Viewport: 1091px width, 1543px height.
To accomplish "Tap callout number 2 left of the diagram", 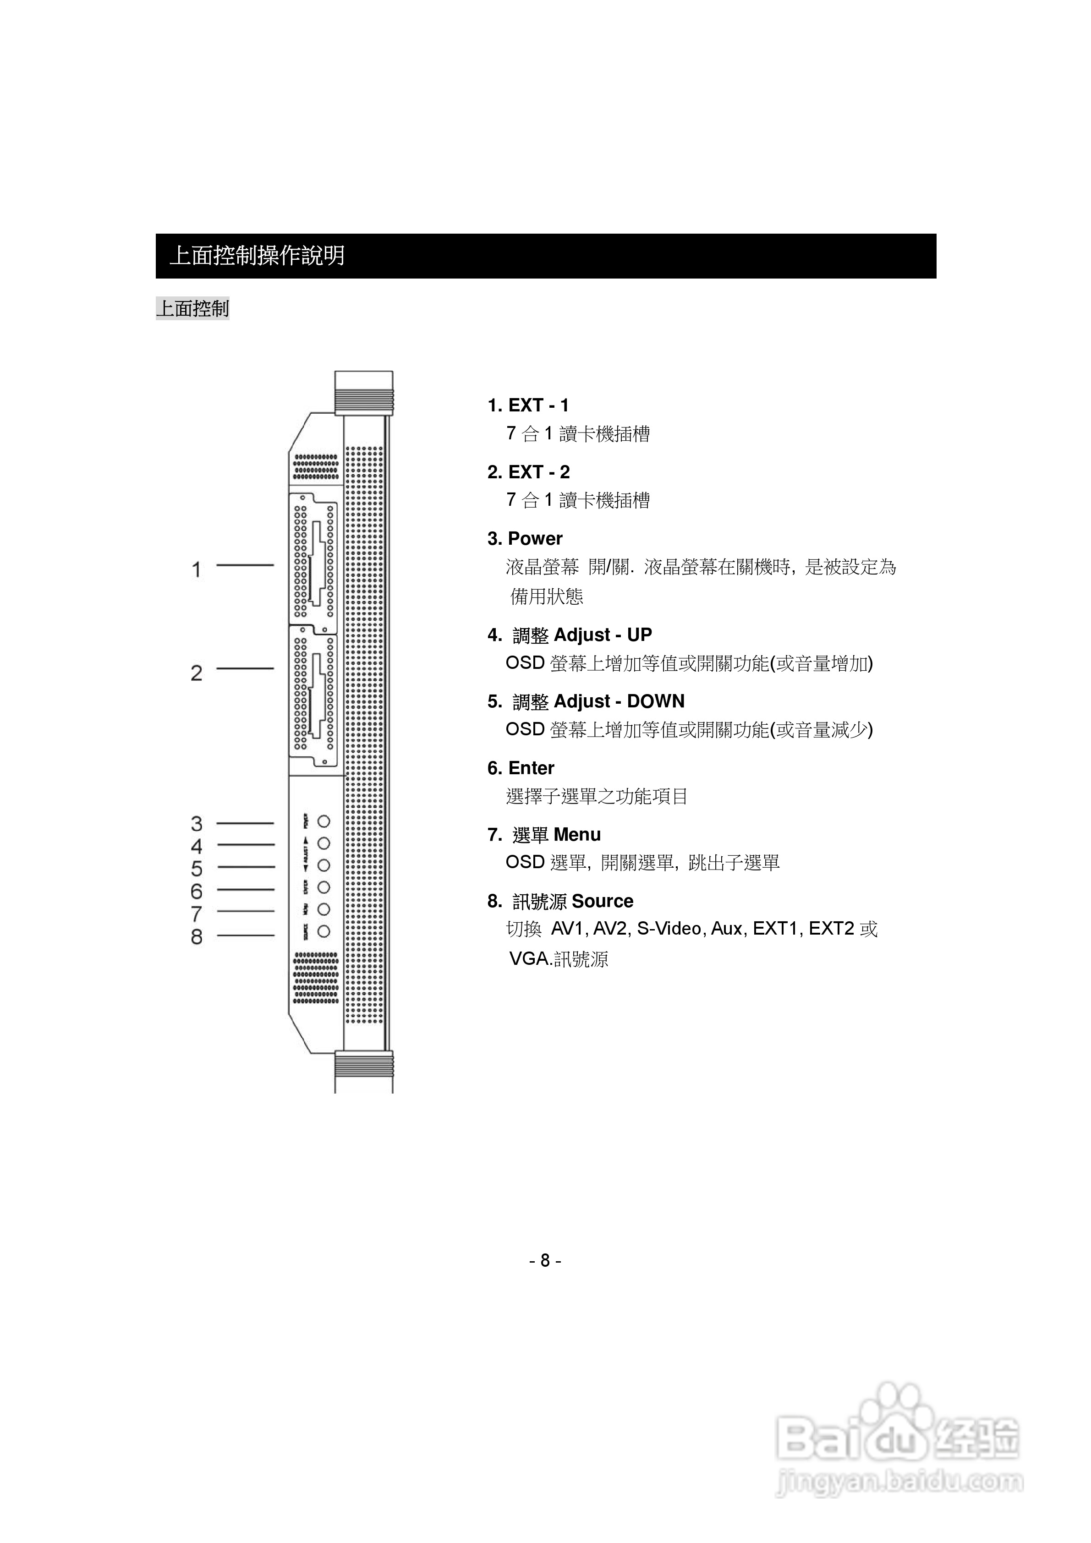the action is coord(196,673).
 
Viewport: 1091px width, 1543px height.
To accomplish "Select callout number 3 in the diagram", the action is coord(196,823).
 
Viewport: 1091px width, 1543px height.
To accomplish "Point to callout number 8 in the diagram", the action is coord(196,936).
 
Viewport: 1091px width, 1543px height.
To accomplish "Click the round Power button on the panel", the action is coord(324,821).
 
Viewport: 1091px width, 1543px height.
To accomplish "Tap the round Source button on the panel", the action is coord(324,931).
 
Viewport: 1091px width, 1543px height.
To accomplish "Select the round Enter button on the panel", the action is coord(324,887).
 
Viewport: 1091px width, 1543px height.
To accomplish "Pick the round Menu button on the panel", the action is coord(324,909).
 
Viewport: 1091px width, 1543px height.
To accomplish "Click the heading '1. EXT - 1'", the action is coord(528,406).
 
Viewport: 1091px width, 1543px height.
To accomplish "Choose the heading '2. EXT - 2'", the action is coord(528,472).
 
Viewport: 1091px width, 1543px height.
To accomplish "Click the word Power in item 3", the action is coord(535,539).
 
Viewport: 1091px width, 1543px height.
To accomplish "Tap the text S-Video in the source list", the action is coord(669,929).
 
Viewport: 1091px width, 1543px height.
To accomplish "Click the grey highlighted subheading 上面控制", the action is coord(193,308).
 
